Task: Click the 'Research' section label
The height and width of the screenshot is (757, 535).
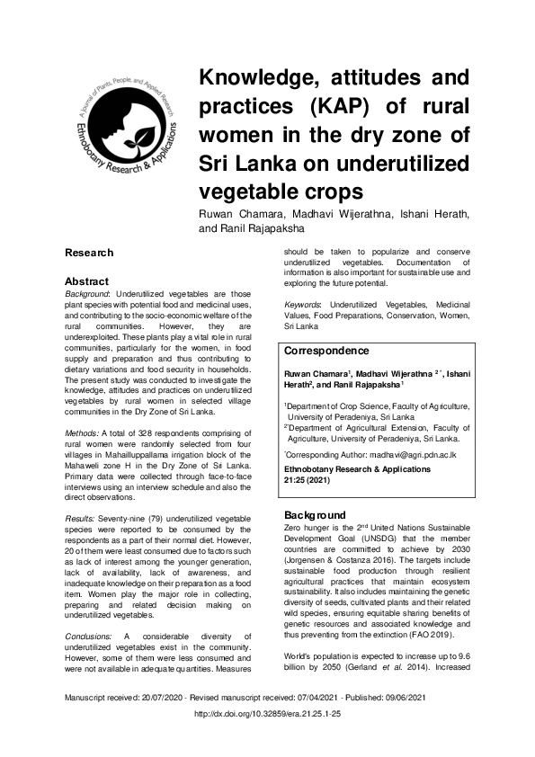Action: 88,254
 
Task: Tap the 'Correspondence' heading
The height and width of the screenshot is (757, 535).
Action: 325,351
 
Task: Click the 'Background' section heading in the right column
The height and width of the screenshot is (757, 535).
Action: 309,514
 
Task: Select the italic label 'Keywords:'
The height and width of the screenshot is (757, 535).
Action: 303,306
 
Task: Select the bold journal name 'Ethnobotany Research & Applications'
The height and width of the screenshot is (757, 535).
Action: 357,470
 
